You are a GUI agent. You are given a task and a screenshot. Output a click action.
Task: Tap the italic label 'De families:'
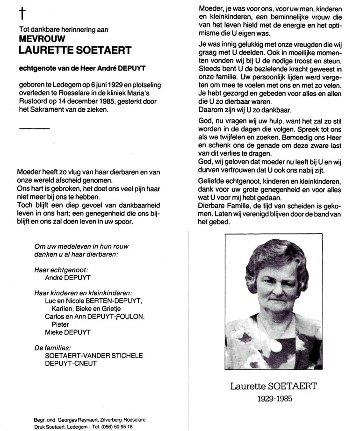(53, 347)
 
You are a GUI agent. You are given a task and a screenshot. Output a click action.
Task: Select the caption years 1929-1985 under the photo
(274, 400)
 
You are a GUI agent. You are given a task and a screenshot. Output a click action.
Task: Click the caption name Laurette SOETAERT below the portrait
(274, 386)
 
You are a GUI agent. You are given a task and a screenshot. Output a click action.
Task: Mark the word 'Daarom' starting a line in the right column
(211, 110)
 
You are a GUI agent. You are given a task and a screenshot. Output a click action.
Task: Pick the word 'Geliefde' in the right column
(213, 180)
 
